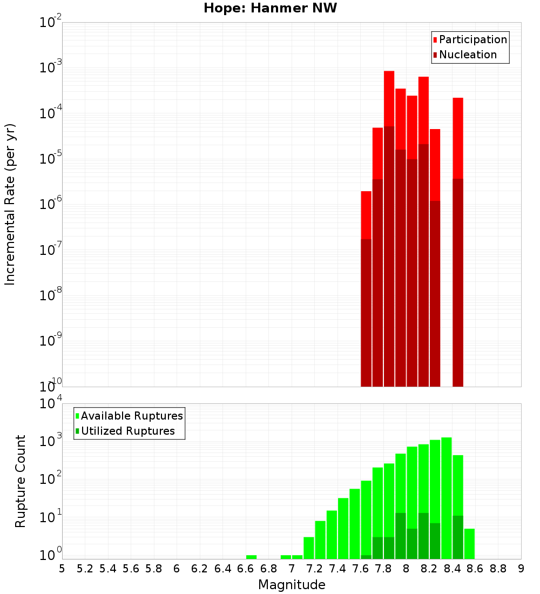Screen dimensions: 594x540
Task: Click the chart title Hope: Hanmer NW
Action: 270,8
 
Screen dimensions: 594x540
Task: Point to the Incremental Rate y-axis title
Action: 10,204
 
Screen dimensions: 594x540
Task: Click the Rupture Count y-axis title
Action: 21,481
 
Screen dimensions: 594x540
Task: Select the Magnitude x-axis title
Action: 292,585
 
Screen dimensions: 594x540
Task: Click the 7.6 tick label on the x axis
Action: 361,569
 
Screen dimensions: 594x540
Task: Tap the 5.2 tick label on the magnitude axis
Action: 85,569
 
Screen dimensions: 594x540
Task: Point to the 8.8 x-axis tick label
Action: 498,569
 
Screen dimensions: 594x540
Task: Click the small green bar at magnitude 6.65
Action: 251,557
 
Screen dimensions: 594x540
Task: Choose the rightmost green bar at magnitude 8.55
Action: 469,543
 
